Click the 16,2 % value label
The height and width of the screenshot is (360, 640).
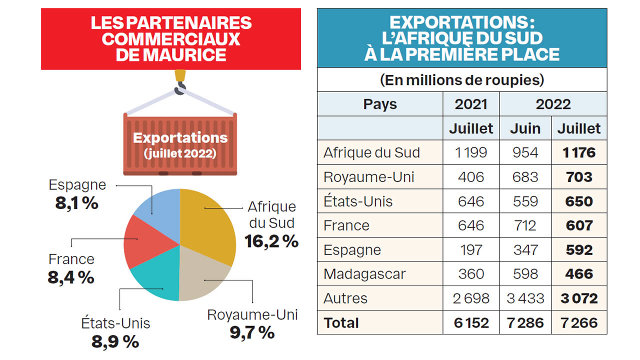pyautogui.click(x=271, y=241)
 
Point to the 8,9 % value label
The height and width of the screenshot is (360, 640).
pyautogui.click(x=115, y=341)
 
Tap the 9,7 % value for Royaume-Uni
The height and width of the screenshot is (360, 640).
pyautogui.click(x=252, y=332)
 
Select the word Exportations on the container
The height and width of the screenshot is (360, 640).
pyautogui.click(x=180, y=137)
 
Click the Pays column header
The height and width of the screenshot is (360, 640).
pyautogui.click(x=380, y=104)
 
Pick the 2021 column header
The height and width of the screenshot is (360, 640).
pyautogui.click(x=471, y=104)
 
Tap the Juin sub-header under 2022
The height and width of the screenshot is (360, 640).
pyautogui.click(x=525, y=128)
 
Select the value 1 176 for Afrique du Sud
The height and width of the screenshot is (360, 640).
pyautogui.click(x=579, y=152)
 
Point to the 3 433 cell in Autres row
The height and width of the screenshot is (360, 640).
pyautogui.click(x=525, y=298)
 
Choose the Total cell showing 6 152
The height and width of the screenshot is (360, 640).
pyautogui.click(x=471, y=323)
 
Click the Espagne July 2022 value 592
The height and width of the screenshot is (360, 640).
pyautogui.click(x=579, y=250)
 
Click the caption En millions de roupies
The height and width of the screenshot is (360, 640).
pyautogui.click(x=461, y=80)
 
